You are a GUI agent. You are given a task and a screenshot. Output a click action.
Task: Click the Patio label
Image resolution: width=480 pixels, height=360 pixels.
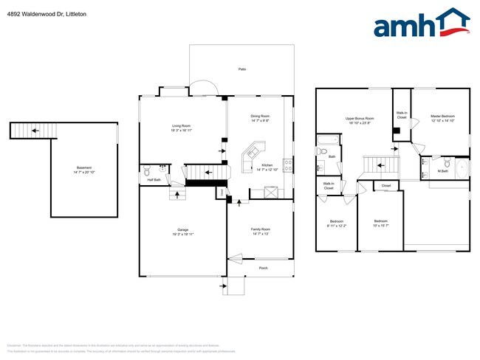[x=241, y=69]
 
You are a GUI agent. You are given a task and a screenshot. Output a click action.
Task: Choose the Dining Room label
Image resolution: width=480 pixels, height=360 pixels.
[x=260, y=118]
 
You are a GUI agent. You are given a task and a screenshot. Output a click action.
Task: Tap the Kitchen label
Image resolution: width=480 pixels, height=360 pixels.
[x=267, y=167]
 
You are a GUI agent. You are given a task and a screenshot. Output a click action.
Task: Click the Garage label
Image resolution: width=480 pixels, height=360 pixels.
[x=182, y=232]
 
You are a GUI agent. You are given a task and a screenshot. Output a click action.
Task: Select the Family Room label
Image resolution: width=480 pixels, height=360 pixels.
[x=260, y=232]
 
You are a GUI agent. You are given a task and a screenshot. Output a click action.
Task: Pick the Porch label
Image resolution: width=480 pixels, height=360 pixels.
[x=263, y=268]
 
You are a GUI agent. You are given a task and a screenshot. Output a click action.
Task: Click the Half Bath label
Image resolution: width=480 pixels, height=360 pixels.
[x=154, y=180]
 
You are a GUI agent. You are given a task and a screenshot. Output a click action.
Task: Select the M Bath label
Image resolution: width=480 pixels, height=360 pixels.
[x=443, y=171]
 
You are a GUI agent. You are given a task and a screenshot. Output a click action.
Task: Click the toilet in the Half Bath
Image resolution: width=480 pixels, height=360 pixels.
[x=147, y=168]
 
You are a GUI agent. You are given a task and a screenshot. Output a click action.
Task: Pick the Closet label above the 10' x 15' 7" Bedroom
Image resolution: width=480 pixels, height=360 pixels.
[x=385, y=185]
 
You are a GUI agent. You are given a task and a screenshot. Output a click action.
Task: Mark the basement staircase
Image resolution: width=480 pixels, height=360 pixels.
[x=32, y=131]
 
